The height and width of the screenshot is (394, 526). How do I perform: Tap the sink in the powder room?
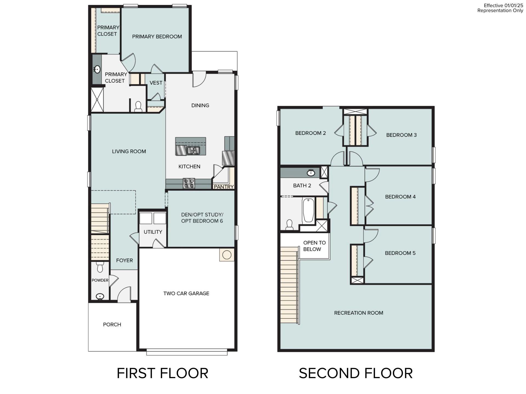(100, 297)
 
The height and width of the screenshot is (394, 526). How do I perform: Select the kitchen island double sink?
(193, 150)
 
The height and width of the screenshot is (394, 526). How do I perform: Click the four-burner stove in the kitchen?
(189, 183)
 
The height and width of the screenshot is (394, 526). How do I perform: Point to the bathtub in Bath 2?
(308, 210)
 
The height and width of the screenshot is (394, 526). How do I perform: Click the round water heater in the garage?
(227, 255)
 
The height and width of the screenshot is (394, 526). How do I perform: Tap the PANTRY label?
(224, 187)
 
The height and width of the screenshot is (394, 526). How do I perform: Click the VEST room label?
(156, 83)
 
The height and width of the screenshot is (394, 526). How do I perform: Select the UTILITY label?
(153, 232)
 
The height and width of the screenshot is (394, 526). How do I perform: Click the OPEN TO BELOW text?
(314, 246)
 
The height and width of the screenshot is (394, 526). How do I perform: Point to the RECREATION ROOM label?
(358, 313)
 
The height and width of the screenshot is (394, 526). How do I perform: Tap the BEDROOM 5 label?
(400, 253)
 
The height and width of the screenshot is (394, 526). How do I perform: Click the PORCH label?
(112, 325)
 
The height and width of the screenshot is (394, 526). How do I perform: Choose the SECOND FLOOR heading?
(356, 373)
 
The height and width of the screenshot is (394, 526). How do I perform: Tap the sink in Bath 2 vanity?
(311, 173)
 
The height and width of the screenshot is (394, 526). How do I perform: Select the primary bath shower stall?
(97, 100)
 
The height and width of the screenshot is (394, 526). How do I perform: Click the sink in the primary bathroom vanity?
(97, 69)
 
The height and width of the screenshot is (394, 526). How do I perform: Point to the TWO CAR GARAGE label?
(186, 293)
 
